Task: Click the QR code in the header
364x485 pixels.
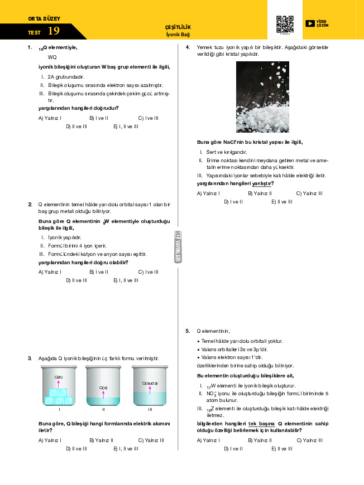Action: pos(285,24)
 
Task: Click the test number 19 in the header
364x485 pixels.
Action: pos(54,31)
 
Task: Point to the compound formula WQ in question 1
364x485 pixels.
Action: pos(52,57)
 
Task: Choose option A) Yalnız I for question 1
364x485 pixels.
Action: pos(50,118)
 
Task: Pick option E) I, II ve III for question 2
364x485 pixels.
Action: pos(126,280)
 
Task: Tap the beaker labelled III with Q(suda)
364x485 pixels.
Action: pos(150,386)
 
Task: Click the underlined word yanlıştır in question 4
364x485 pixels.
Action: pos(262,183)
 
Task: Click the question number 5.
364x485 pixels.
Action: pos(188,331)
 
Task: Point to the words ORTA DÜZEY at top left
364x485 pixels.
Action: pos(40,19)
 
